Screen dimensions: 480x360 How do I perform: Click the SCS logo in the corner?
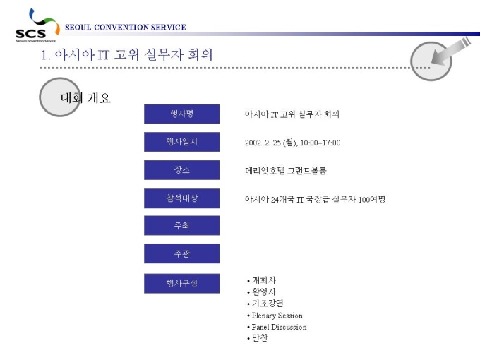[37, 25]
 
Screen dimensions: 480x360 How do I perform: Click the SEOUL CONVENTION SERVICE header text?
[126, 28]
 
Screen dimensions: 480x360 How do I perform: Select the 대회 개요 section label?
[85, 98]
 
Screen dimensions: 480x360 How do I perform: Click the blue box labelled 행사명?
[182, 114]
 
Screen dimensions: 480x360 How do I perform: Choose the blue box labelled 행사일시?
[182, 142]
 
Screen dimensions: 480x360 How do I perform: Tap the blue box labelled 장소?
[182, 169]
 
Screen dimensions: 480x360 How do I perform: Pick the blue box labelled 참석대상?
[182, 198]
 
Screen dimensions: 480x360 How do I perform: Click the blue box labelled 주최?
[182, 226]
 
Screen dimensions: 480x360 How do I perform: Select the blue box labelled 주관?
[182, 253]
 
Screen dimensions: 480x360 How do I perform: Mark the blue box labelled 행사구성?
[182, 283]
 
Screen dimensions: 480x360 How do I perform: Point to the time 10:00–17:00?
[320, 143]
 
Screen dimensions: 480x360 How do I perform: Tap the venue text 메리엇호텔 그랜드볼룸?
[286, 171]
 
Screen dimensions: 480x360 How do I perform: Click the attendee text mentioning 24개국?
[315, 199]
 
